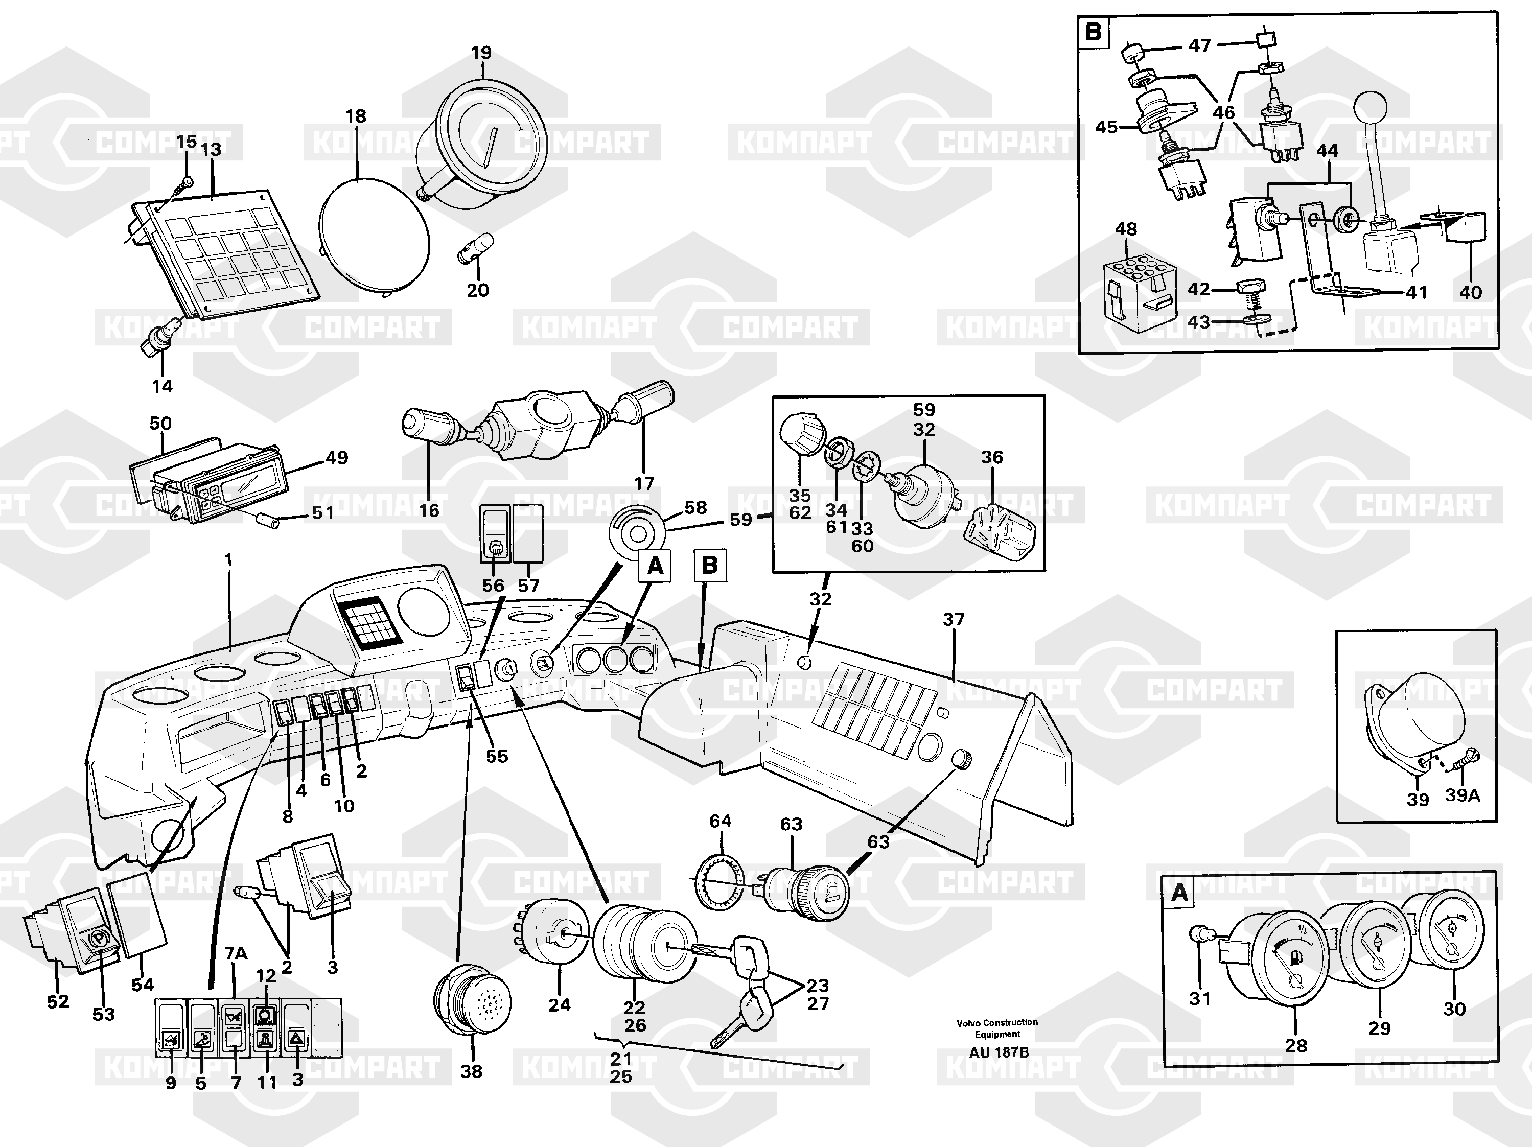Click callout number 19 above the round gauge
click(x=481, y=53)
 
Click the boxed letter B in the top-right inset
click(x=1094, y=32)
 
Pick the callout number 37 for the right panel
click(x=953, y=619)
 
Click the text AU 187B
click(x=998, y=1052)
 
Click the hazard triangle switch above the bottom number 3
click(x=296, y=1039)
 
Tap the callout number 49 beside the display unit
click(x=337, y=457)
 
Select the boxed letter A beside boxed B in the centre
click(x=655, y=567)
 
